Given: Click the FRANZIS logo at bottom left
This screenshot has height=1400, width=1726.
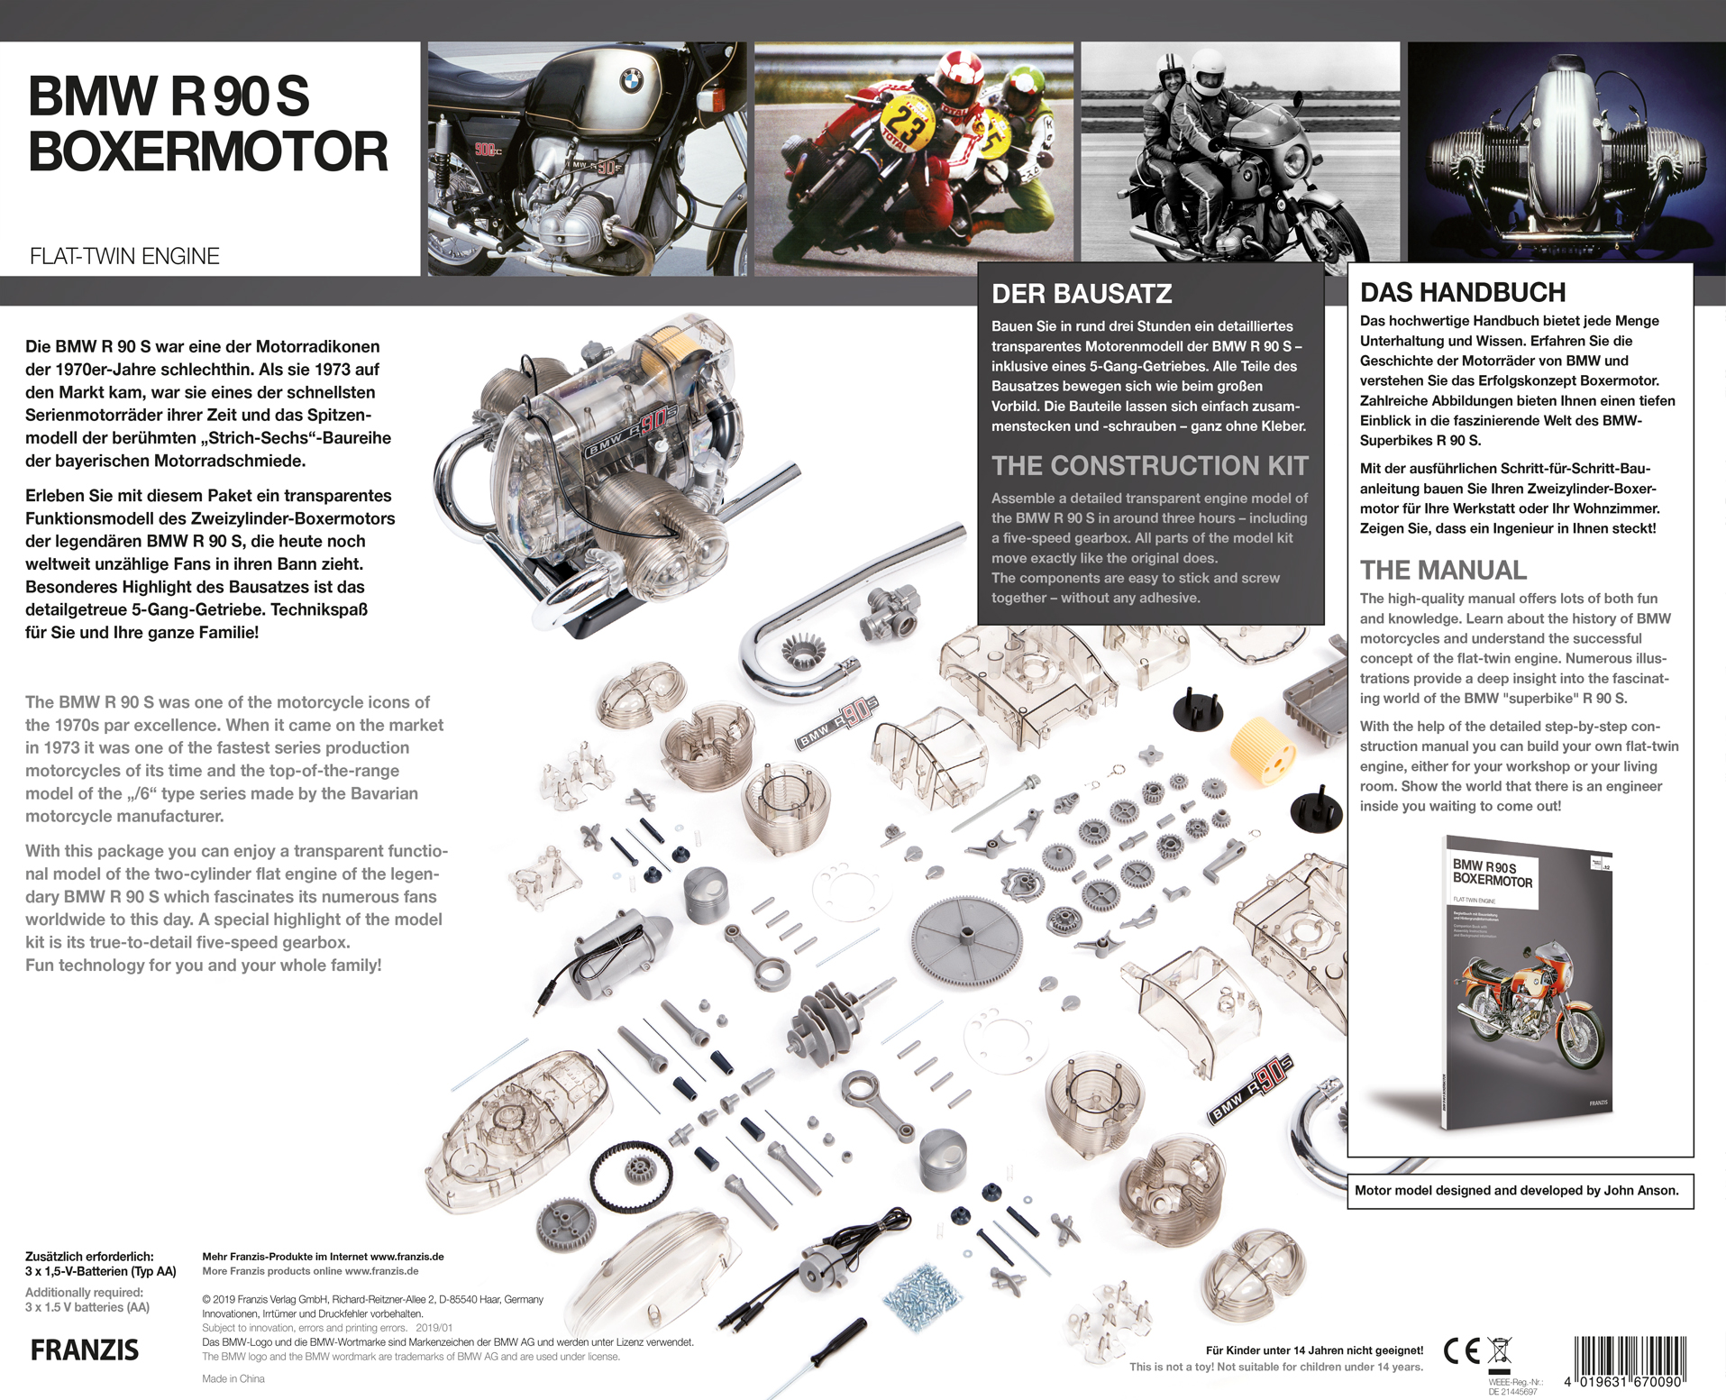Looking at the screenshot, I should pyautogui.click(x=85, y=1350).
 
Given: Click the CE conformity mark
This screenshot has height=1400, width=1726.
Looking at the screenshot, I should pyautogui.click(x=1461, y=1350).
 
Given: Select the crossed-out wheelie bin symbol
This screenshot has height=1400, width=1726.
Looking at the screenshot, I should pyautogui.click(x=1499, y=1350).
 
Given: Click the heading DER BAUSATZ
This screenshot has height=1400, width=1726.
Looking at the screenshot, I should pyautogui.click(x=1082, y=293).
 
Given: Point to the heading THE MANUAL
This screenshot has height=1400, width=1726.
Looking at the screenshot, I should pyautogui.click(x=1443, y=570).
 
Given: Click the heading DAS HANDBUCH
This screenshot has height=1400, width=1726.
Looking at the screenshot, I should pyautogui.click(x=1462, y=292).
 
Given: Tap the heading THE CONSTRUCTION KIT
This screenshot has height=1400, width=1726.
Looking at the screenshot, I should pyautogui.click(x=1149, y=465).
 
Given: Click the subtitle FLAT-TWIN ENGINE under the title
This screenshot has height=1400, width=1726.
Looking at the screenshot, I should pyautogui.click(x=124, y=256).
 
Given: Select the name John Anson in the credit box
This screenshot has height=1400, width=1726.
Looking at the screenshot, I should pyautogui.click(x=1640, y=1190).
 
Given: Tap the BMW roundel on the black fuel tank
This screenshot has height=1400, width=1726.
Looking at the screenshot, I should pyautogui.click(x=632, y=81).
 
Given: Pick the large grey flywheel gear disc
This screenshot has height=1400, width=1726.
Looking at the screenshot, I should pyautogui.click(x=965, y=938).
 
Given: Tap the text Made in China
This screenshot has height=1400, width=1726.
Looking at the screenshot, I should pyautogui.click(x=233, y=1378).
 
